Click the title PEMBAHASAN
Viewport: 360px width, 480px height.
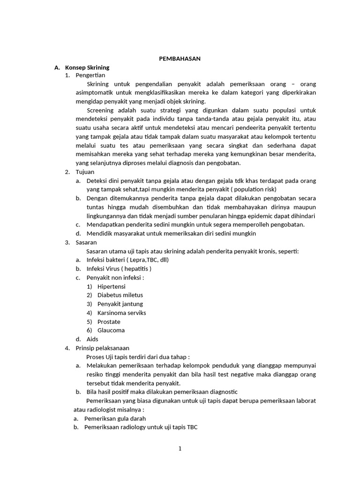(180, 59)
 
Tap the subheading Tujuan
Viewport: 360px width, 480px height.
(85, 172)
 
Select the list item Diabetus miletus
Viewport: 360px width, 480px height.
(120, 295)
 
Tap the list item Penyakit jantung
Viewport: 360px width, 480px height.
(120, 304)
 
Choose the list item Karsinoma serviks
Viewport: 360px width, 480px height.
(122, 313)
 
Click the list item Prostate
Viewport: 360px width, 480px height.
(109, 322)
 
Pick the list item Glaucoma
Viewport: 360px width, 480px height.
(111, 330)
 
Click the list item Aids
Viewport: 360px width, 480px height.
(92, 339)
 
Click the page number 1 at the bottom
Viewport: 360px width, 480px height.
(180, 449)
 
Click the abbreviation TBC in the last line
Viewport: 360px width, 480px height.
(193, 427)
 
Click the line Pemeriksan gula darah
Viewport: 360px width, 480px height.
(115, 418)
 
